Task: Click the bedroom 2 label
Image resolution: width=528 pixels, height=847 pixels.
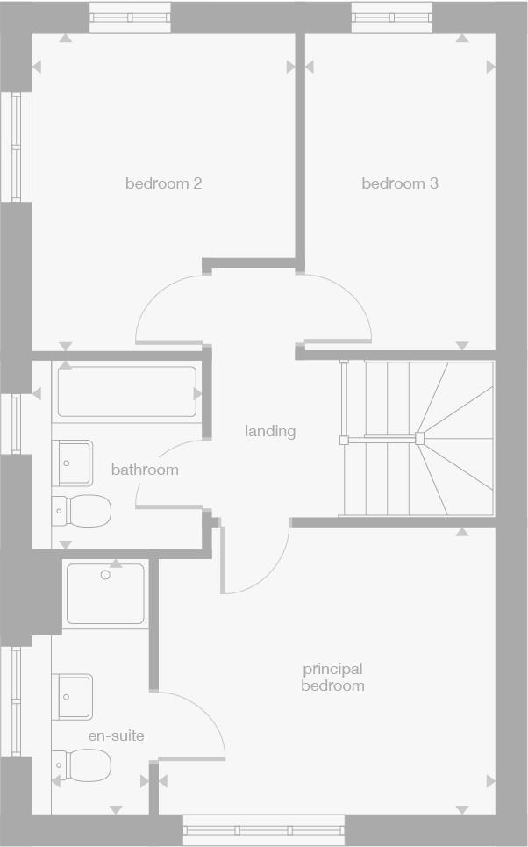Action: coord(164,183)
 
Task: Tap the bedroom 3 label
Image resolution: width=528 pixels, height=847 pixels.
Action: coord(400,183)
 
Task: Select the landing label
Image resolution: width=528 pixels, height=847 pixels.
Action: coord(270,431)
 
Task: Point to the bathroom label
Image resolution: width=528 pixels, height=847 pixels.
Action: coord(145,470)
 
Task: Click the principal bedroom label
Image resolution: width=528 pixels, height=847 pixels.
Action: coord(332,678)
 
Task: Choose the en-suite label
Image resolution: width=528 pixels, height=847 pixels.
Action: coord(116,736)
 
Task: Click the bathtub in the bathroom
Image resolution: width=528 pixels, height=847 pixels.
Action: coord(127,391)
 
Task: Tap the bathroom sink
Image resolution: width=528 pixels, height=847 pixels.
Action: coord(73,462)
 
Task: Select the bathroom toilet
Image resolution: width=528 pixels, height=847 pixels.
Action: coord(83,510)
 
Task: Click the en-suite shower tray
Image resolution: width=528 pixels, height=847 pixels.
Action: coord(105,594)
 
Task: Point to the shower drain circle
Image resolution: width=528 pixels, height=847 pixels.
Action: coord(105,575)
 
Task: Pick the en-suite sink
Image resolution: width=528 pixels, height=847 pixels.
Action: coord(73,696)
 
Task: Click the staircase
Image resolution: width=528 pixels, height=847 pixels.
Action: coord(417,438)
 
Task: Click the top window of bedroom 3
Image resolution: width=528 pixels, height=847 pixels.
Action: coord(391,17)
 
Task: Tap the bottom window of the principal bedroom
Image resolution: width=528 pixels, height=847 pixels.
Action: coord(264,829)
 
